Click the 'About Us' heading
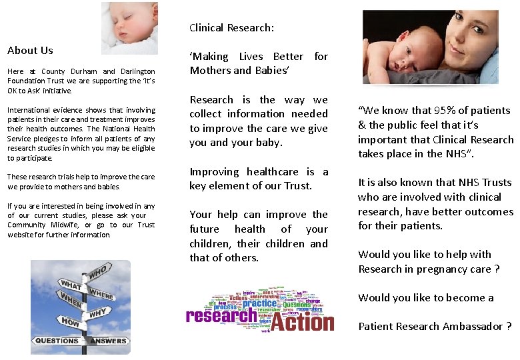pyautogui.click(x=30, y=51)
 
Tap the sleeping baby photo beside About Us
pyautogui.click(x=129, y=28)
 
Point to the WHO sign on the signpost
pyautogui.click(x=97, y=273)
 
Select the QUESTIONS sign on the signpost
pyautogui.click(x=57, y=341)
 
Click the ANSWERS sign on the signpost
pyautogui.click(x=109, y=341)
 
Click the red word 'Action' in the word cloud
pyautogui.click(x=301, y=323)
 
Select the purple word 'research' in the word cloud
pyautogui.click(x=221, y=315)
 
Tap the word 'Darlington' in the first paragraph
pyautogui.click(x=138, y=71)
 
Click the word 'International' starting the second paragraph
pyautogui.click(x=29, y=110)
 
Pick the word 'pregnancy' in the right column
pyautogui.click(x=441, y=269)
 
